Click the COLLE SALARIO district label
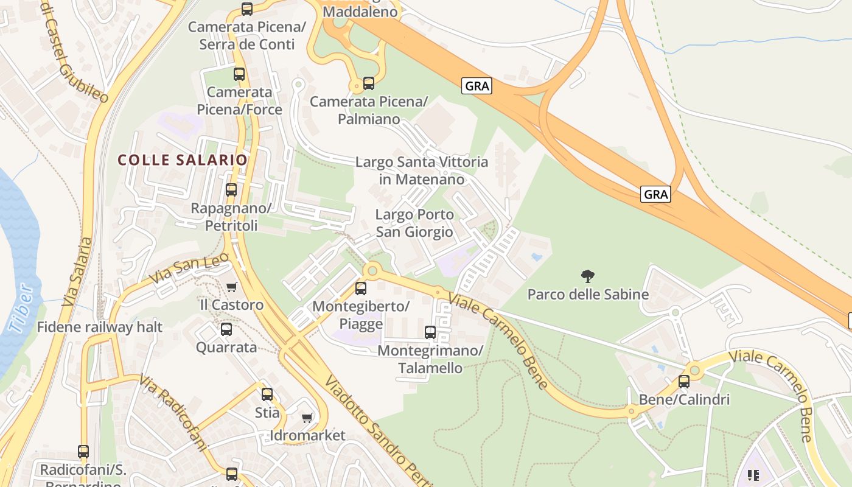(x=183, y=160)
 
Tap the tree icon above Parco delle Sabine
(x=587, y=277)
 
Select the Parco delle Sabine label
(x=588, y=295)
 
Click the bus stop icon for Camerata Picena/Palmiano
(x=369, y=83)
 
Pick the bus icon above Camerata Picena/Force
(x=239, y=74)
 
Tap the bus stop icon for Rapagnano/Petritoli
(x=231, y=190)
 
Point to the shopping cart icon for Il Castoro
(x=231, y=287)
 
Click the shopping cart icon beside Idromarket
(x=307, y=418)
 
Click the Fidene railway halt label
(x=100, y=328)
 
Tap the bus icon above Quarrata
(x=226, y=329)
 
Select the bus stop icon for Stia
(x=267, y=394)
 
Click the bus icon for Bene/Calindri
(x=684, y=382)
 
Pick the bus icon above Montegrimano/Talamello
(x=430, y=332)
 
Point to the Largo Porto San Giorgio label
(x=414, y=223)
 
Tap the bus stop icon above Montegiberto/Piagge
(x=361, y=289)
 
